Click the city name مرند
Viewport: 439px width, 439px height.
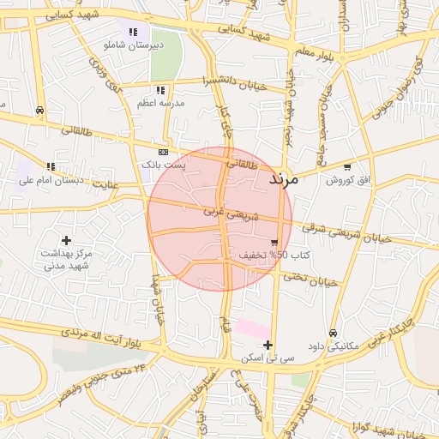283,179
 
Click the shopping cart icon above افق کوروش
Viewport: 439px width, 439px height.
346,167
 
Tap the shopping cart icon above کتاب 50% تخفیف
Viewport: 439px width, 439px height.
274,243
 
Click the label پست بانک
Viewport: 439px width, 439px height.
162,163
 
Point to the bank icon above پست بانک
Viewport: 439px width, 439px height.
163,151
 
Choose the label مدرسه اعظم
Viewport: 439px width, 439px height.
159,102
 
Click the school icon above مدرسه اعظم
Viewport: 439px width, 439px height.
159,90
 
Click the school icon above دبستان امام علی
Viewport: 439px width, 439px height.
51,166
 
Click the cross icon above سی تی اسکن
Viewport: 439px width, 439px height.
268,345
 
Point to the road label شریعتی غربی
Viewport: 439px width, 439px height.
226,209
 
